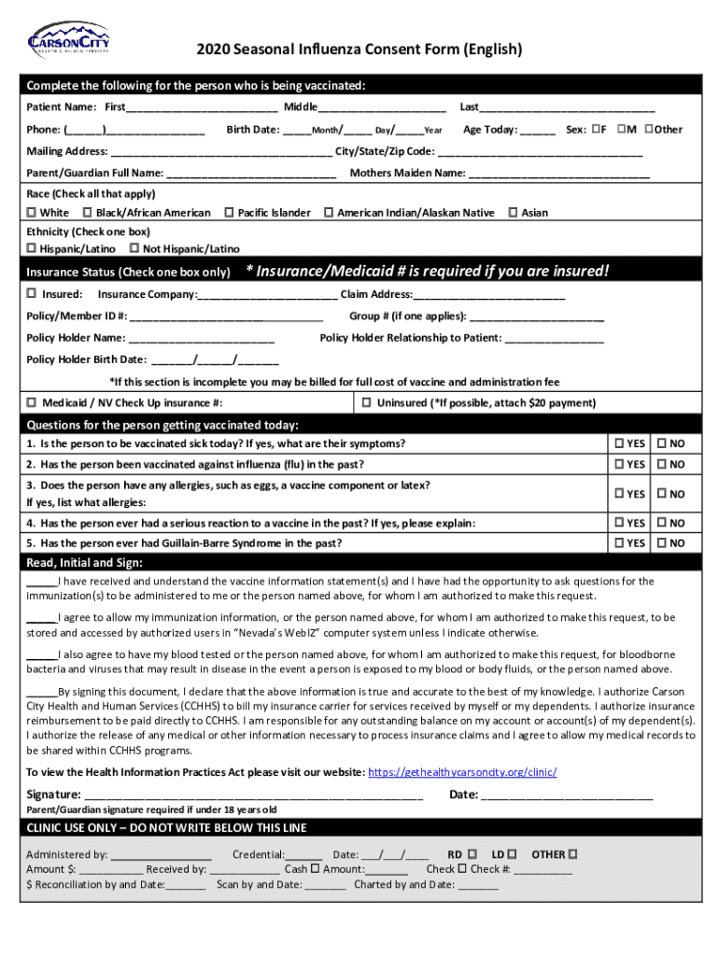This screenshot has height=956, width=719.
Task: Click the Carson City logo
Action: pos(66,40)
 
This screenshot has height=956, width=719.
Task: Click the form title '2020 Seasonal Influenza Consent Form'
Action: pos(359,49)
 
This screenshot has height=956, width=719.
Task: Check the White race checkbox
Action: pos(32,213)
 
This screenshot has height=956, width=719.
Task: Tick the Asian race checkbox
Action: pos(513,213)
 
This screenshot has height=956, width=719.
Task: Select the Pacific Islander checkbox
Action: pos(229,213)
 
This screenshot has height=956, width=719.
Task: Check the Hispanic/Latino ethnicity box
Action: pos(32,248)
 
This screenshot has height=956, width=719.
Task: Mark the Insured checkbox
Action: pos(32,294)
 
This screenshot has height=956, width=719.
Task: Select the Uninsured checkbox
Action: pos(367,402)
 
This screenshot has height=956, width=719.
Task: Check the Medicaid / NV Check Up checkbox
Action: pos(32,402)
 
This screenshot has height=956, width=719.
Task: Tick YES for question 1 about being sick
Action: pos(619,443)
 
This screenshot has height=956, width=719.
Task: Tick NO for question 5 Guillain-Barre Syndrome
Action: pos(661,542)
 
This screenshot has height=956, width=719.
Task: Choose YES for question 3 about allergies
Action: pos(619,493)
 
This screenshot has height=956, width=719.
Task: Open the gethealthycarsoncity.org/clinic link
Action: pos(463,772)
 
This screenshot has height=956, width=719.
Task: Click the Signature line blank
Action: pos(252,795)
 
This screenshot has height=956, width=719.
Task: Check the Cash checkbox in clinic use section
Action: pos(315,868)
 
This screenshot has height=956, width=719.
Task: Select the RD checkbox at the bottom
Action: pos(472,853)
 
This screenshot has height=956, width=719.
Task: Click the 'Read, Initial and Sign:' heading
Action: pos(85,563)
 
